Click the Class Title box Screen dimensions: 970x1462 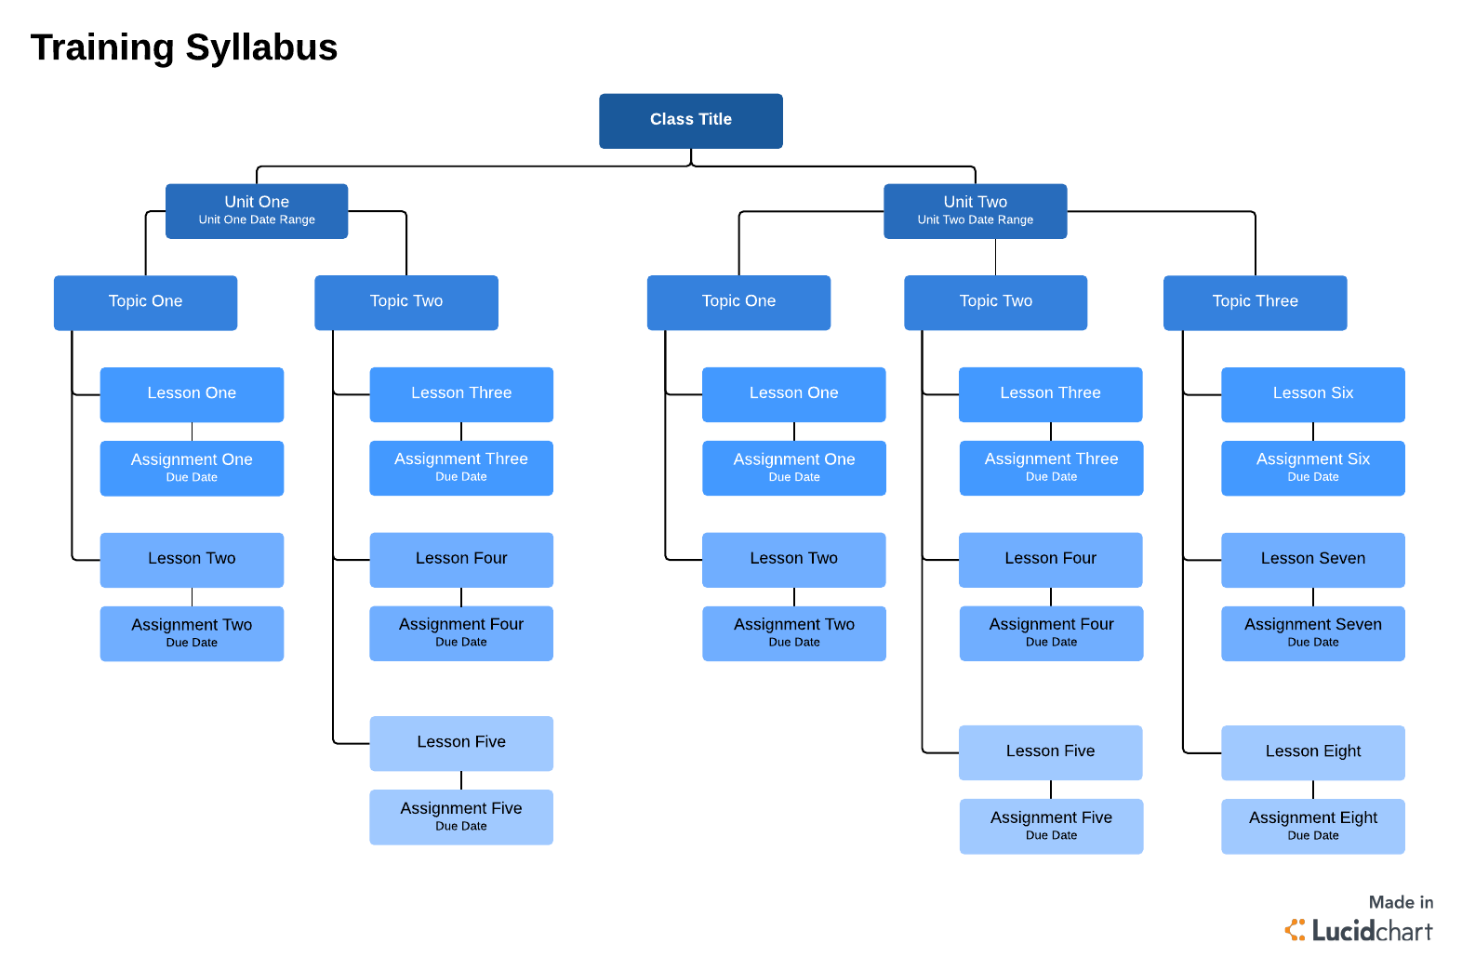tap(690, 120)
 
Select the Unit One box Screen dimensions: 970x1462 tap(257, 210)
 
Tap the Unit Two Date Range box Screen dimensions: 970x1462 tap(975, 210)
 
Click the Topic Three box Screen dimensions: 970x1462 tap(1255, 301)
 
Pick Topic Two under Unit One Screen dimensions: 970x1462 tap(405, 301)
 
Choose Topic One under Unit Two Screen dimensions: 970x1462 tap(738, 301)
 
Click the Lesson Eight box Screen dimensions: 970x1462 tap(1312, 751)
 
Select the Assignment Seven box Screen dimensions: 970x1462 tap(1312, 632)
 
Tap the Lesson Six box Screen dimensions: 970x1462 tap(1312, 393)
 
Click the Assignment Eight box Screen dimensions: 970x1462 tap(1312, 825)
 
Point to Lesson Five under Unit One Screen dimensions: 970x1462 tap(461, 742)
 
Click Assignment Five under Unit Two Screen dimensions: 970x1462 tap(1051, 825)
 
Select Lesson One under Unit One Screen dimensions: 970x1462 tap(192, 393)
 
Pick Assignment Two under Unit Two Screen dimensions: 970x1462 tap(793, 632)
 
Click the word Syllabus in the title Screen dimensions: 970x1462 tap(261, 47)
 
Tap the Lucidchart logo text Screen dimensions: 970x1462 tap(1371, 931)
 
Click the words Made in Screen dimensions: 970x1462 tap(1400, 902)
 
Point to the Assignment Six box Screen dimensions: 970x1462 tap(1312, 467)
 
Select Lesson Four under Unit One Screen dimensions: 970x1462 tap(461, 559)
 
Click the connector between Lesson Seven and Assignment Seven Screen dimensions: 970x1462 tap(1313, 597)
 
